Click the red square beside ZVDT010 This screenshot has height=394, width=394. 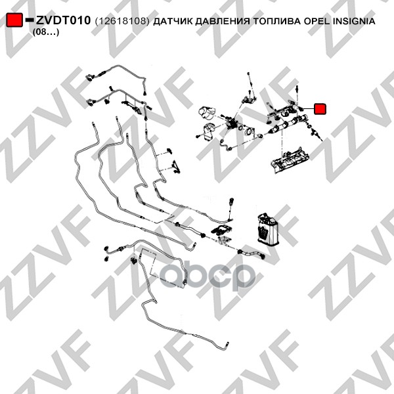(14, 20)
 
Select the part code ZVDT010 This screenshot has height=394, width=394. (63, 20)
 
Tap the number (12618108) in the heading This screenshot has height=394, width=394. (122, 21)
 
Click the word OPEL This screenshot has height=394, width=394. (317, 21)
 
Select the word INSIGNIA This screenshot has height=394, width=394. (354, 21)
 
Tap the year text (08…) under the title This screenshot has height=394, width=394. (46, 32)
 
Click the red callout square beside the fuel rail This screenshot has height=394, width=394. (320, 109)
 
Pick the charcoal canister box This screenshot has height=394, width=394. (267, 229)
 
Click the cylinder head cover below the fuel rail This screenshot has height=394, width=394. (290, 160)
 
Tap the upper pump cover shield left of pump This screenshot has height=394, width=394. (208, 113)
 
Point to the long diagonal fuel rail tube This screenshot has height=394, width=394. (288, 123)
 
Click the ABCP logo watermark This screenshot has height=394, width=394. (208, 276)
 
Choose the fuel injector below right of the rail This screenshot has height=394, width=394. (315, 133)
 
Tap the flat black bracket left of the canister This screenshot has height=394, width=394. (222, 230)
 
